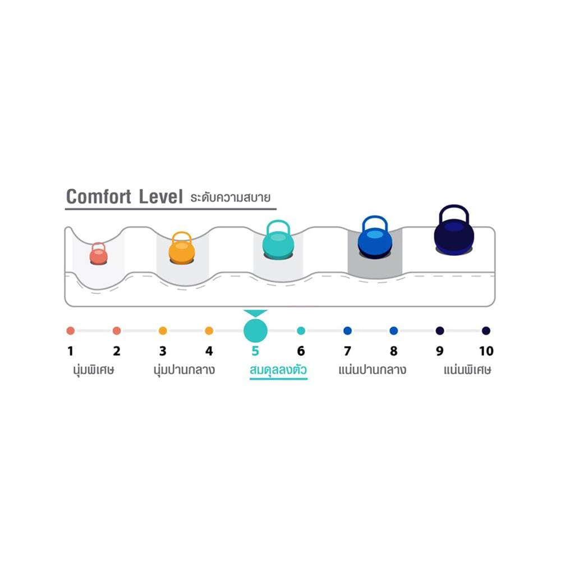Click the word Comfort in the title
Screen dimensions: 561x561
point(99,197)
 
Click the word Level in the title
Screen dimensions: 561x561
point(160,197)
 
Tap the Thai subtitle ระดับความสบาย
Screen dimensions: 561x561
point(231,197)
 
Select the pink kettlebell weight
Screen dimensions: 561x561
point(98,254)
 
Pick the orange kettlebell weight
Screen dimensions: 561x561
point(182,248)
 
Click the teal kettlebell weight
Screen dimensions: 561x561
point(278,240)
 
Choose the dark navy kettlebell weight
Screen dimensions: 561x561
point(454,230)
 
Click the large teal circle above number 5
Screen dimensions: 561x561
point(255,330)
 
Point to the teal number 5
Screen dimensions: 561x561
point(255,351)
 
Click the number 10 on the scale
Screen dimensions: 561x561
point(486,351)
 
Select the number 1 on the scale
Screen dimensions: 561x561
point(71,351)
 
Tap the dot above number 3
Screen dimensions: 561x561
point(163,330)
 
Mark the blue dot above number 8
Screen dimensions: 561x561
point(394,330)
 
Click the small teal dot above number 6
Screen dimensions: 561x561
point(301,330)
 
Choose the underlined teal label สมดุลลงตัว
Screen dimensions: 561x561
point(278,370)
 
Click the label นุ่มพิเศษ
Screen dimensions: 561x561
point(94,370)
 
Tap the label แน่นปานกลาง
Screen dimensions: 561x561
point(373,370)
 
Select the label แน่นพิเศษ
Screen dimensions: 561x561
point(467,370)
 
